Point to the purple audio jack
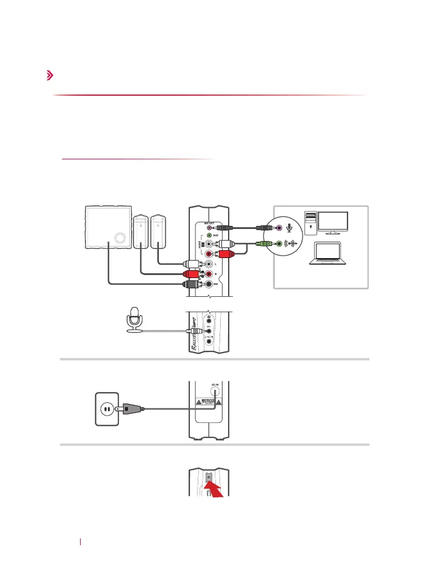point(278,228)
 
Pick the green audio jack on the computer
point(278,245)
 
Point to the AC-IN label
point(214,385)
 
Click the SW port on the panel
point(209,284)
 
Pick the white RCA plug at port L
point(192,264)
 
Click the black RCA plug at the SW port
point(192,284)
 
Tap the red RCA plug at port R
point(192,274)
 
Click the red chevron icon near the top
point(49,76)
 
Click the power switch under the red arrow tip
point(209,479)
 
